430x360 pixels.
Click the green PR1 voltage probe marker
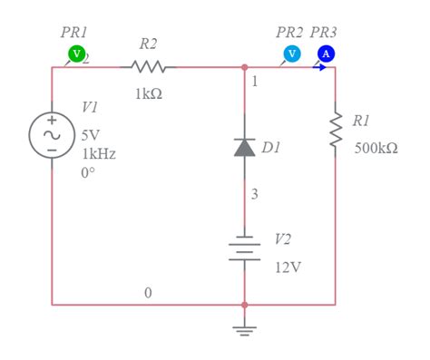coord(76,54)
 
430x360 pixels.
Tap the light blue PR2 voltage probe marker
coord(291,54)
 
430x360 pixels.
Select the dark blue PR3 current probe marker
coord(326,54)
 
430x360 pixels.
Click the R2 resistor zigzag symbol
coord(148,66)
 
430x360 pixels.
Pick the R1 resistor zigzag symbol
coord(335,131)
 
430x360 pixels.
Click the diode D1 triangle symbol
coord(244,147)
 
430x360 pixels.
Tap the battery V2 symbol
coord(244,250)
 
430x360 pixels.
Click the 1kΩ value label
coord(148,94)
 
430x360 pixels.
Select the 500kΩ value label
coord(376,148)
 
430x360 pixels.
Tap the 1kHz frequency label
coord(99,154)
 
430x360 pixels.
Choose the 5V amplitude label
coord(91,135)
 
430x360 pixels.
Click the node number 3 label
coord(255,193)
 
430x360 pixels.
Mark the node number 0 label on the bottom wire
coord(148,292)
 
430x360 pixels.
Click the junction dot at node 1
coord(244,66)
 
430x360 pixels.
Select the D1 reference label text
coord(271,146)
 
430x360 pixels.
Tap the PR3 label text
coord(323,32)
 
